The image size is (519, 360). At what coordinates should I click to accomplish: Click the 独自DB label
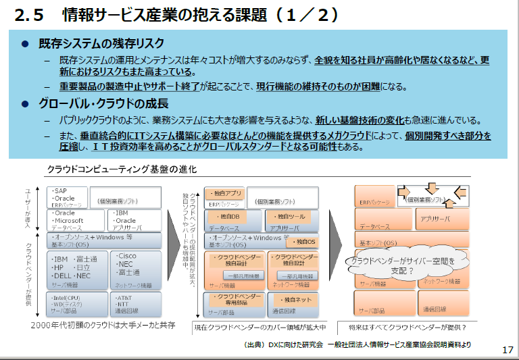point(229,216)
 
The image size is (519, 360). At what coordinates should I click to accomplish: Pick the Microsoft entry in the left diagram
point(68,221)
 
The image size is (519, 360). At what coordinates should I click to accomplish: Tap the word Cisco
point(126,256)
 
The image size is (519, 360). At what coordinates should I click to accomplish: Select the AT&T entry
point(125,298)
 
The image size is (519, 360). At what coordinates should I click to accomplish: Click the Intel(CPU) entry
point(68,298)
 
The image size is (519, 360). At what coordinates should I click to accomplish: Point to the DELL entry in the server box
point(63,276)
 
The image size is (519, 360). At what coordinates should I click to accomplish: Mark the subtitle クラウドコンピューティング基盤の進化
point(122,168)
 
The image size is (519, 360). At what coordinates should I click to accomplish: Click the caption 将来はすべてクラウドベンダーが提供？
point(407,328)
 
